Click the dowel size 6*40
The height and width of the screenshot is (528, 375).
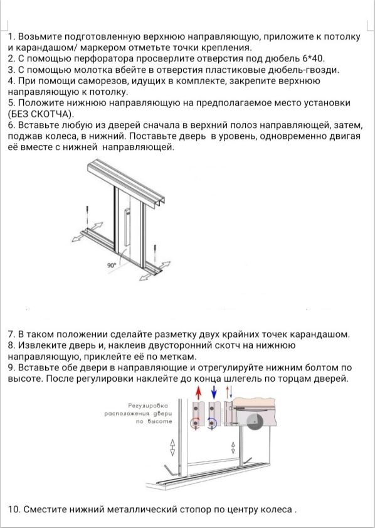click(x=313, y=58)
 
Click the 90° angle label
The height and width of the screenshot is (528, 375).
click(x=112, y=266)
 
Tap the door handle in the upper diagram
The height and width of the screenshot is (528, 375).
click(x=127, y=227)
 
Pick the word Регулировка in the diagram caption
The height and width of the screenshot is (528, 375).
click(x=148, y=406)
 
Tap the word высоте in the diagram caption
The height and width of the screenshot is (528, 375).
click(x=159, y=421)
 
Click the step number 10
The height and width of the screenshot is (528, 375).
click(x=14, y=509)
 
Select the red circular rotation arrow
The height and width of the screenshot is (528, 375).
click(x=195, y=423)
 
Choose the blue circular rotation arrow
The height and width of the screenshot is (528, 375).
click(x=212, y=423)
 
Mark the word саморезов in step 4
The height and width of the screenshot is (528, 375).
click(x=99, y=81)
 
